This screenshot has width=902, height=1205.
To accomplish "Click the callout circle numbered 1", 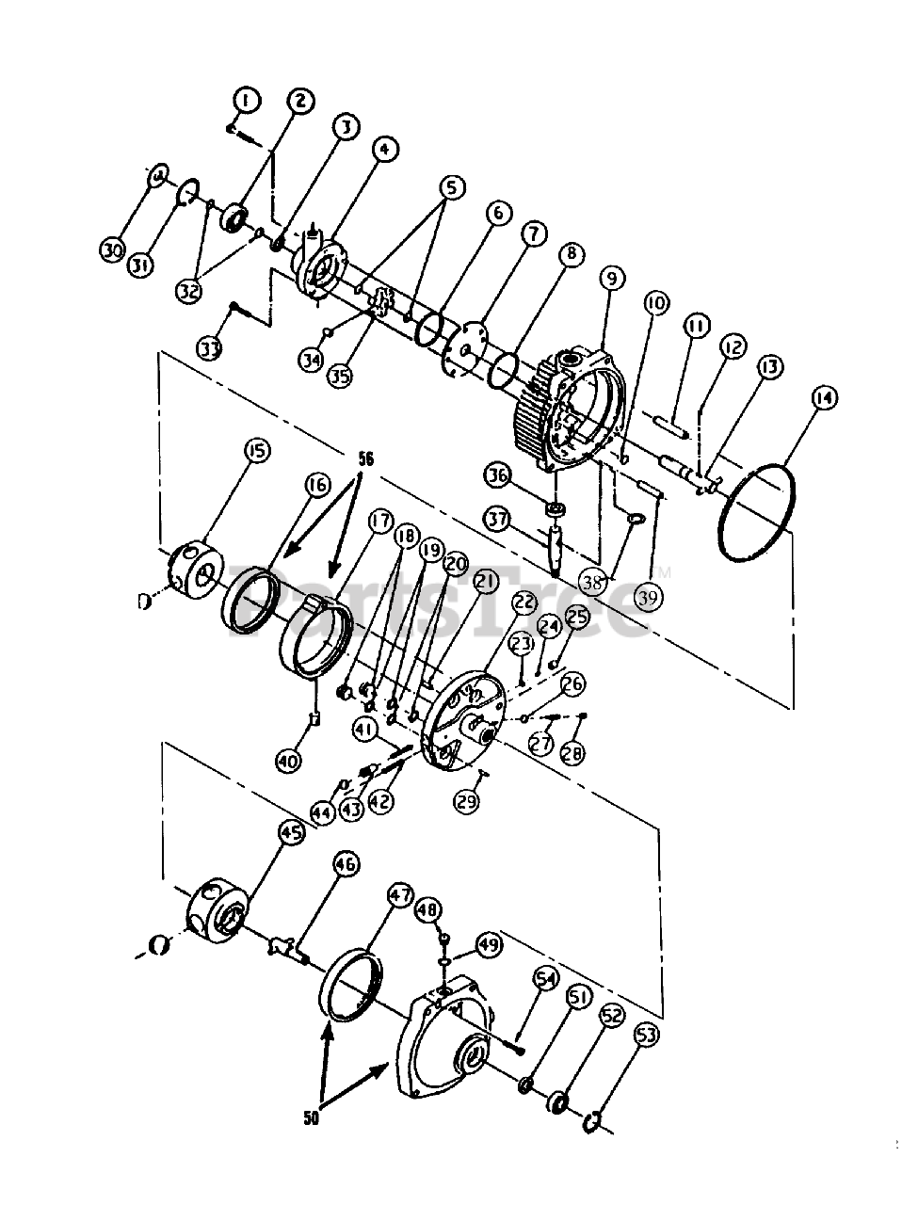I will (x=246, y=100).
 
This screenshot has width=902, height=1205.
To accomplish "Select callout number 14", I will (x=823, y=397).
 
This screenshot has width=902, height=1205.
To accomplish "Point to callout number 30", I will (x=113, y=249).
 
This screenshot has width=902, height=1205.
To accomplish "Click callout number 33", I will (x=209, y=347).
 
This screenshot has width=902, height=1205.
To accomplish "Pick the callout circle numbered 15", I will (x=254, y=451).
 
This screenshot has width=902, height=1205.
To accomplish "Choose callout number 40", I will (x=289, y=760).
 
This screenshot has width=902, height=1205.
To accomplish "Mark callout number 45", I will (x=291, y=832).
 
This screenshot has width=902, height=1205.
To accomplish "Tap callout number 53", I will (x=648, y=1036).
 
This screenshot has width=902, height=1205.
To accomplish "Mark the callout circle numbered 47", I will (x=401, y=894).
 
